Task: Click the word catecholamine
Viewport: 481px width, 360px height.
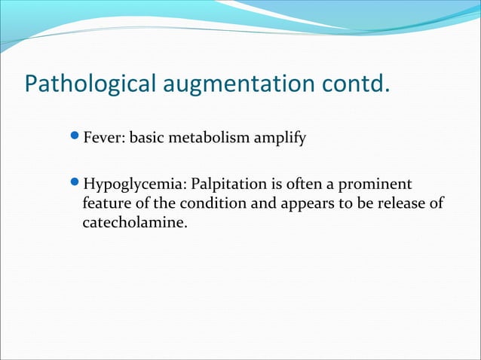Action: coord(133,223)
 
